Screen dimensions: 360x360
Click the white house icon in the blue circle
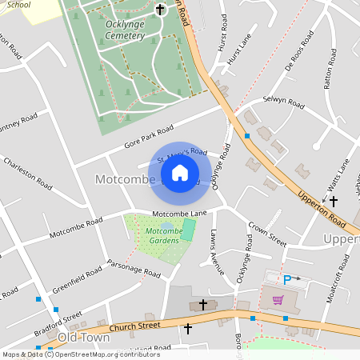tap(180, 173)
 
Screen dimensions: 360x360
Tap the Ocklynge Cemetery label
tap(130, 30)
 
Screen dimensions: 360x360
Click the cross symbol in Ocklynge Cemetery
tap(160, 10)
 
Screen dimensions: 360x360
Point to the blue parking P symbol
tap(287, 280)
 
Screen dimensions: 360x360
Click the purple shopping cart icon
tap(278, 300)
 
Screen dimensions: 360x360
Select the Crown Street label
tap(266, 233)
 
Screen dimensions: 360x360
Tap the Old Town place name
tap(83, 338)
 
